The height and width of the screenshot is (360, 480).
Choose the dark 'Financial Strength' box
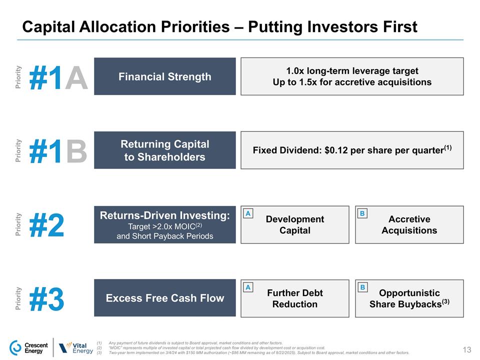pos(164,76)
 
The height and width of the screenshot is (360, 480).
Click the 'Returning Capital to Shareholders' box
pos(164,150)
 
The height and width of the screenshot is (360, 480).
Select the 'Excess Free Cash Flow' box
pos(164,298)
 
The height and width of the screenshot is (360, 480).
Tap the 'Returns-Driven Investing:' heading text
pos(164,215)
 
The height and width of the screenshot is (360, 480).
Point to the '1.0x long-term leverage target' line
pos(352,70)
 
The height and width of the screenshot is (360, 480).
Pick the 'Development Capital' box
pos(295,225)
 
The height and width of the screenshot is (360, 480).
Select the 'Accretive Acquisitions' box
pos(409,225)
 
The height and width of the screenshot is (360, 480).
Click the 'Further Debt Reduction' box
pos(295,298)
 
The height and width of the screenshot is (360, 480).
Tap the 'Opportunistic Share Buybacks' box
pos(409,298)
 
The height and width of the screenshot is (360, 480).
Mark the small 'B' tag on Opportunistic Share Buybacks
pos(362,287)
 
